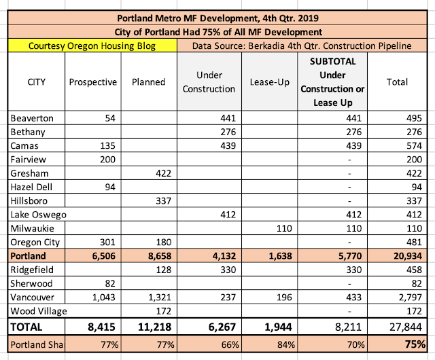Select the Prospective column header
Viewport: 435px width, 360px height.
tap(92, 82)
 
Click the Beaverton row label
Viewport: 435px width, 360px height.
tap(31, 118)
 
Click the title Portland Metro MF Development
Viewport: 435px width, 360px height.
tap(217, 18)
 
